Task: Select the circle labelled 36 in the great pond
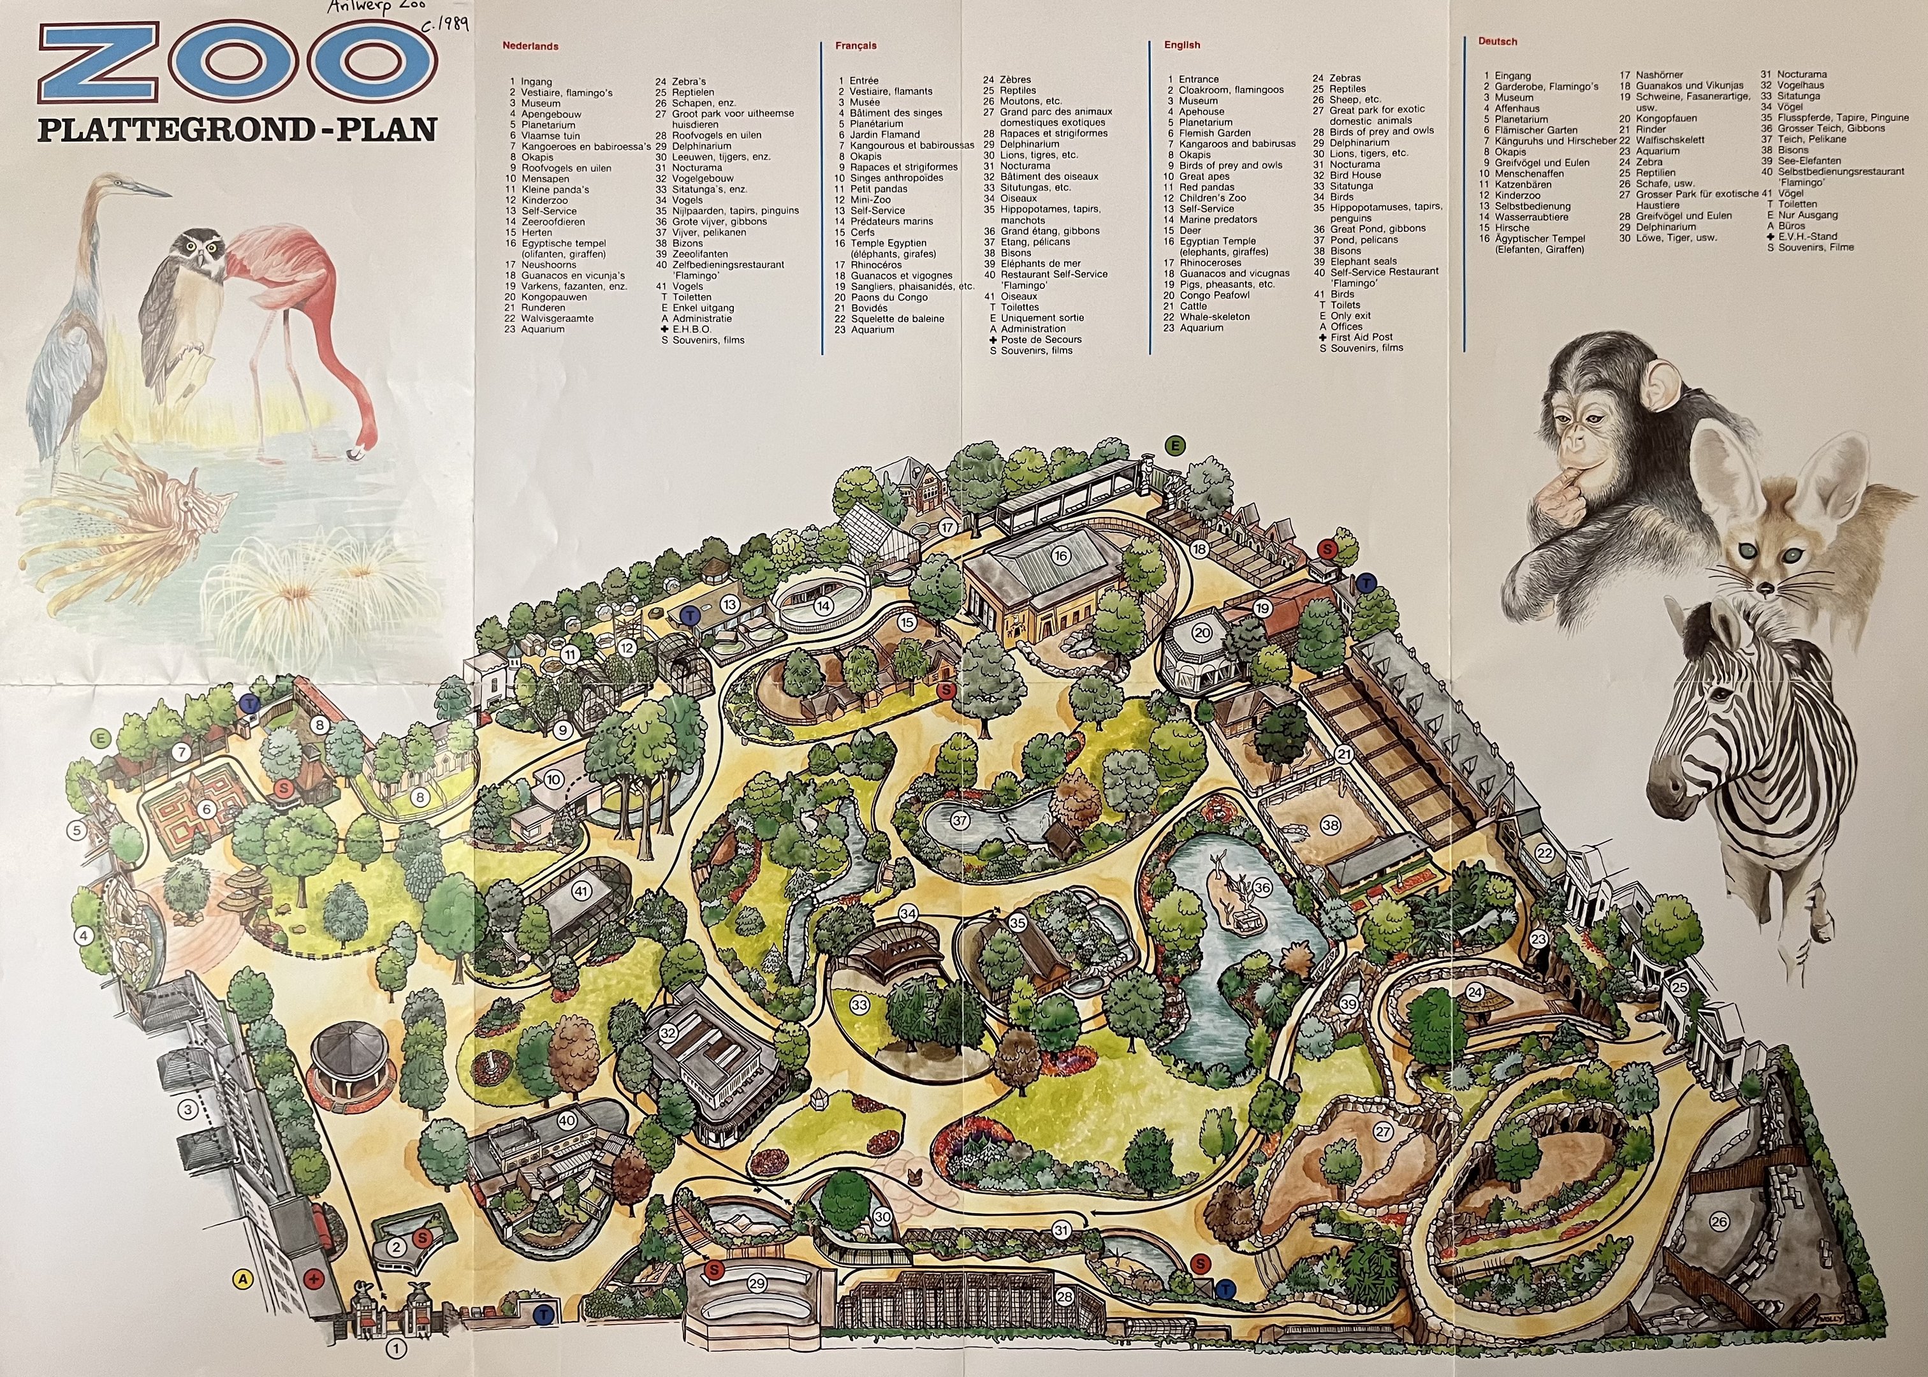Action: point(1262,888)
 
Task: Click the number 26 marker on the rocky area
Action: point(1719,1222)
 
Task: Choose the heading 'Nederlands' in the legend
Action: point(530,46)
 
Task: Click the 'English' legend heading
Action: point(1182,45)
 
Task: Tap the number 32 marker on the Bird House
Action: point(668,1033)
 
